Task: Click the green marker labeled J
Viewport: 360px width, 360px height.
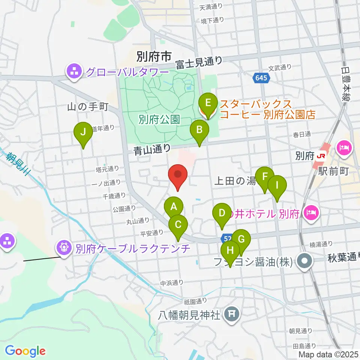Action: (x=83, y=132)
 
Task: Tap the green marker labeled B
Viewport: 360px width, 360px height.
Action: (x=199, y=130)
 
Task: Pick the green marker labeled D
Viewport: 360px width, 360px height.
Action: (x=222, y=213)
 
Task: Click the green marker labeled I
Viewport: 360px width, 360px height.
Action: (x=277, y=185)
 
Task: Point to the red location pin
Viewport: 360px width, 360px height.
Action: (x=178, y=175)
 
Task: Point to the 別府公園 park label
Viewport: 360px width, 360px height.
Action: (x=159, y=120)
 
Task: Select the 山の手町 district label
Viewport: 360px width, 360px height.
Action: (x=88, y=107)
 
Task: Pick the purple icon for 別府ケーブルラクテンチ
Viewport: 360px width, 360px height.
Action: (x=64, y=247)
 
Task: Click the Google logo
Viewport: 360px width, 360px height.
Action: (x=25, y=351)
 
